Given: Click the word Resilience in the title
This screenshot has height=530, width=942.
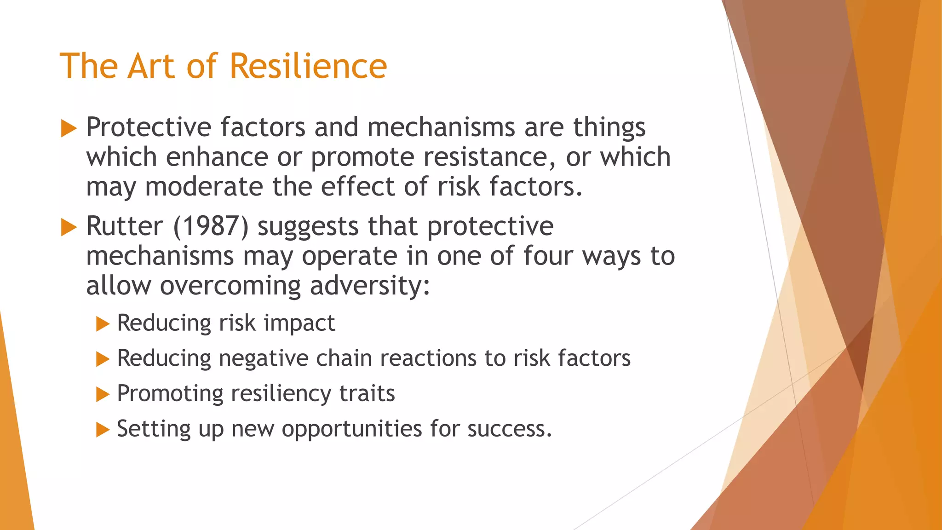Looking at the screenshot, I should pyautogui.click(x=308, y=66).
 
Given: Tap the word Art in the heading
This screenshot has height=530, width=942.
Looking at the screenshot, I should pyautogui.click(x=153, y=66).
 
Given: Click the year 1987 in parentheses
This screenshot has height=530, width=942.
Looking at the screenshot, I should pyautogui.click(x=211, y=226).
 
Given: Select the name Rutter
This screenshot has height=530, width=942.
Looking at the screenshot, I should pyautogui.click(x=124, y=226).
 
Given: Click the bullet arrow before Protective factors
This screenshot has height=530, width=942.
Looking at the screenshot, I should pyautogui.click(x=69, y=128).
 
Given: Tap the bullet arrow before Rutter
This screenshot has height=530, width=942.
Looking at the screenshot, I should pyautogui.click(x=69, y=227).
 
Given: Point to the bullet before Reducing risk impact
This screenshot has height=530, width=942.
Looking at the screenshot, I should pyautogui.click(x=103, y=324).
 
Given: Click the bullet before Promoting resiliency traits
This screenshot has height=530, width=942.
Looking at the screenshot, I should pyautogui.click(x=103, y=394).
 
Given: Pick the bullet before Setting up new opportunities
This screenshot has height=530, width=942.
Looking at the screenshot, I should pyautogui.click(x=103, y=430).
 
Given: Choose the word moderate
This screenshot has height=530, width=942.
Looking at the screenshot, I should pyautogui.click(x=204, y=187).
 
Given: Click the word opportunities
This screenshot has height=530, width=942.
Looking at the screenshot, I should pyautogui.click(x=352, y=430).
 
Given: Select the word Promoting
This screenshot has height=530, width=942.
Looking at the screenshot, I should pyautogui.click(x=170, y=394).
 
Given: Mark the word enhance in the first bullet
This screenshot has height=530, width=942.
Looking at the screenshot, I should pyautogui.click(x=217, y=157).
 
